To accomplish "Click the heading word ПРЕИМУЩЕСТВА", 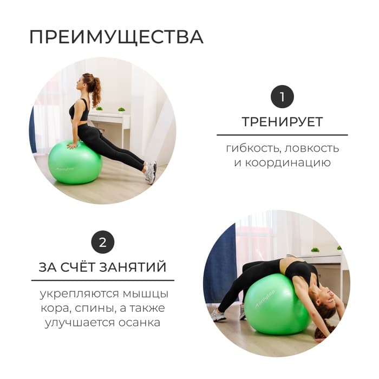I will (116, 37).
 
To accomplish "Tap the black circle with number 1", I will (282, 97).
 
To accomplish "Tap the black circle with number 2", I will (102, 242).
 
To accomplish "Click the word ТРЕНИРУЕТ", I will (282, 121).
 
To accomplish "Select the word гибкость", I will (250, 148).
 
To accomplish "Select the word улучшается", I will (74, 323).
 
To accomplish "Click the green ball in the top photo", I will (74, 162).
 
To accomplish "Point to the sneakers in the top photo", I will (150, 172).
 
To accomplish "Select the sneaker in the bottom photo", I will (219, 316).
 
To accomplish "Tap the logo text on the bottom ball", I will (265, 296).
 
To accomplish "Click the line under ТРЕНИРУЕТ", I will (282, 135).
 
